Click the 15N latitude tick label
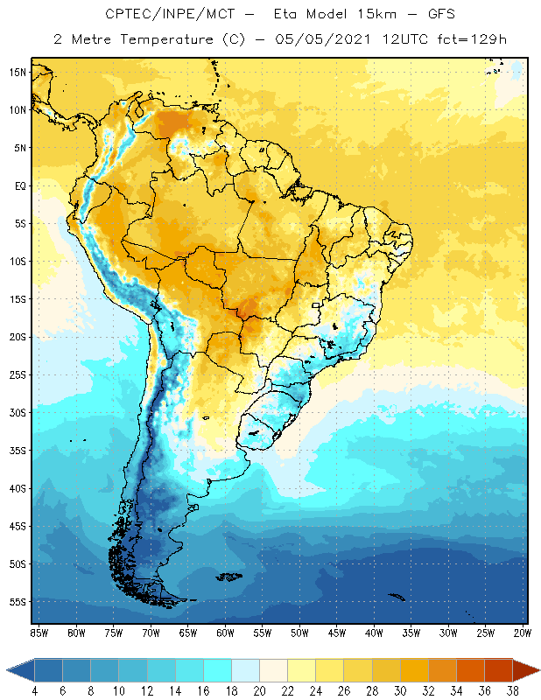(17, 72)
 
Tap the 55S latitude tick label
(17, 602)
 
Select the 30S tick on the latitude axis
(17, 412)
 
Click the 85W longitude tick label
(39, 633)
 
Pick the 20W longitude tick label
(523, 633)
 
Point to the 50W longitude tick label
(299, 633)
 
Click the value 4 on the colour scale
(34, 690)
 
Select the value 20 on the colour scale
(259, 690)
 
